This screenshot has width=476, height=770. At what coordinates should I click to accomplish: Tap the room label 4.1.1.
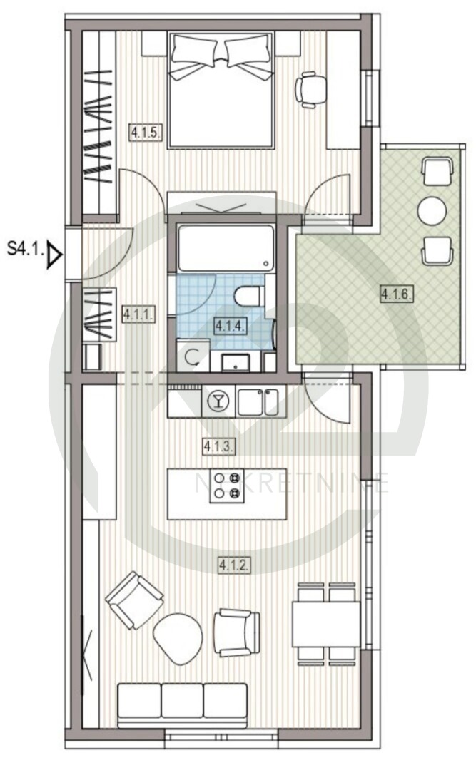138,314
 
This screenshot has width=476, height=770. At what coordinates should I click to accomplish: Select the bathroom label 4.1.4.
230,325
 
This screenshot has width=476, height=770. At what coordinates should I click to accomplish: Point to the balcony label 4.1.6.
397,294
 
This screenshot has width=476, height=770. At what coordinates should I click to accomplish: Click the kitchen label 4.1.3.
221,446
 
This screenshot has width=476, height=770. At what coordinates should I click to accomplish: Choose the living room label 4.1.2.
233,565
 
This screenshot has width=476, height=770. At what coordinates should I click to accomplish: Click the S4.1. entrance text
26,249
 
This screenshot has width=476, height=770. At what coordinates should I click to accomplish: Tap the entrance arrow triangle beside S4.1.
54,256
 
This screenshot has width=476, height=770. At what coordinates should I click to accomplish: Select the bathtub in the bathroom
226,247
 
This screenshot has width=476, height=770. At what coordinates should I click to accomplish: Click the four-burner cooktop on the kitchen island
227,486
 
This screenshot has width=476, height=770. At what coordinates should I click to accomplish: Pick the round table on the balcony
432,211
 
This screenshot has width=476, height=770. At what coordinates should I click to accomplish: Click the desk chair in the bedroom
310,89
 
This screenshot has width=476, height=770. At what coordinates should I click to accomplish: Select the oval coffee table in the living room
178,638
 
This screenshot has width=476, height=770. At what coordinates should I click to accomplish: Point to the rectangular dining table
327,624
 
